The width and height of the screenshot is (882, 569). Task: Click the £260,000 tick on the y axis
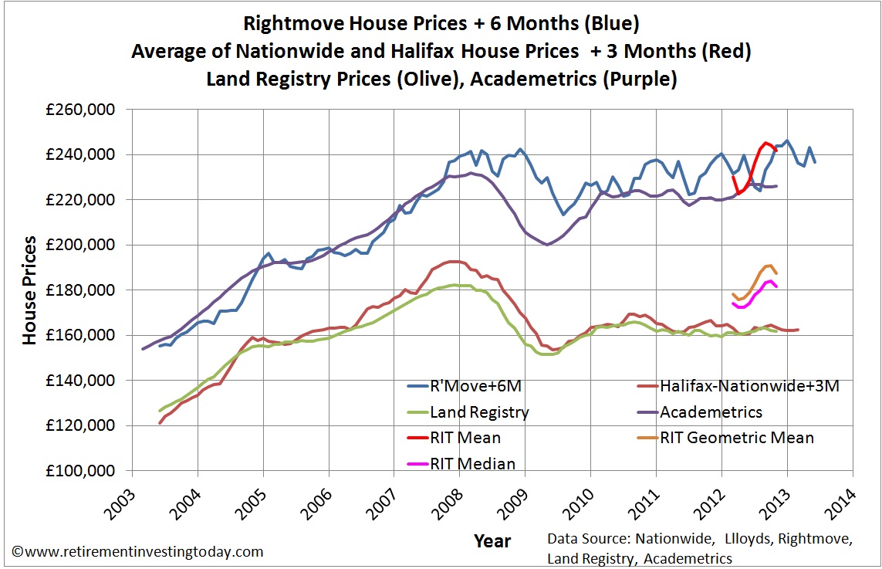79,110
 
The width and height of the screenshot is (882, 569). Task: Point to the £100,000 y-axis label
79,471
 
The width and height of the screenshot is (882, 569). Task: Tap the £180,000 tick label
79,290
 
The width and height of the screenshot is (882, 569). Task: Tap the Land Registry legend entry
479,412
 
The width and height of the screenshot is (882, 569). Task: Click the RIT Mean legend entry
464,438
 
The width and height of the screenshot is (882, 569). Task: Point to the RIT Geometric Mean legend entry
736,438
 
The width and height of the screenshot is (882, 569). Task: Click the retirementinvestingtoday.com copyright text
137,552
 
